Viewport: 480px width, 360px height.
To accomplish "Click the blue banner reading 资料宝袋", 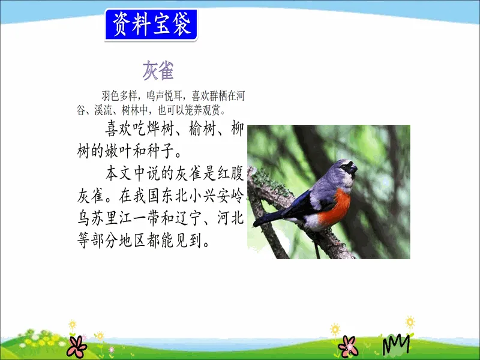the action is pos(151,25).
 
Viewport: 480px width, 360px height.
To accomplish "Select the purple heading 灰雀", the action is pos(158,70).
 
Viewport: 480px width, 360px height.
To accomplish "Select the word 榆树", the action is pos(202,128).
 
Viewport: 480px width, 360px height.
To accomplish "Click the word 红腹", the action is pos(230,173).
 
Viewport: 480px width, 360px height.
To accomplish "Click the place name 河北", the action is pos(230,218).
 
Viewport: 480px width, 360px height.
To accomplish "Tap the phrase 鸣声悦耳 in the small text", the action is pos(165,96).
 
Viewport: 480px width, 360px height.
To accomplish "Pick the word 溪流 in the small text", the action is pos(103,110).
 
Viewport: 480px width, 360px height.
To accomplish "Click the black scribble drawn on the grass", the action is pos(396,344).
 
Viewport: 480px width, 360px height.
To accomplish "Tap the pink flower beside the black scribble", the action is pos(348,346).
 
